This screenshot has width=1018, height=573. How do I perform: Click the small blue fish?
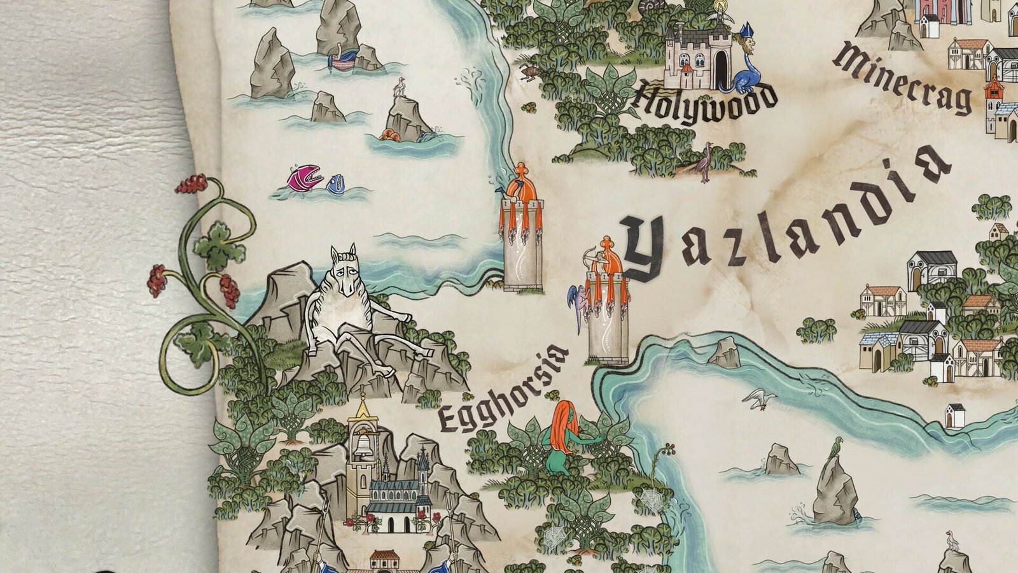(x=336, y=184)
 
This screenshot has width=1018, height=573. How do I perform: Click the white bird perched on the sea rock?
(x=400, y=86)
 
